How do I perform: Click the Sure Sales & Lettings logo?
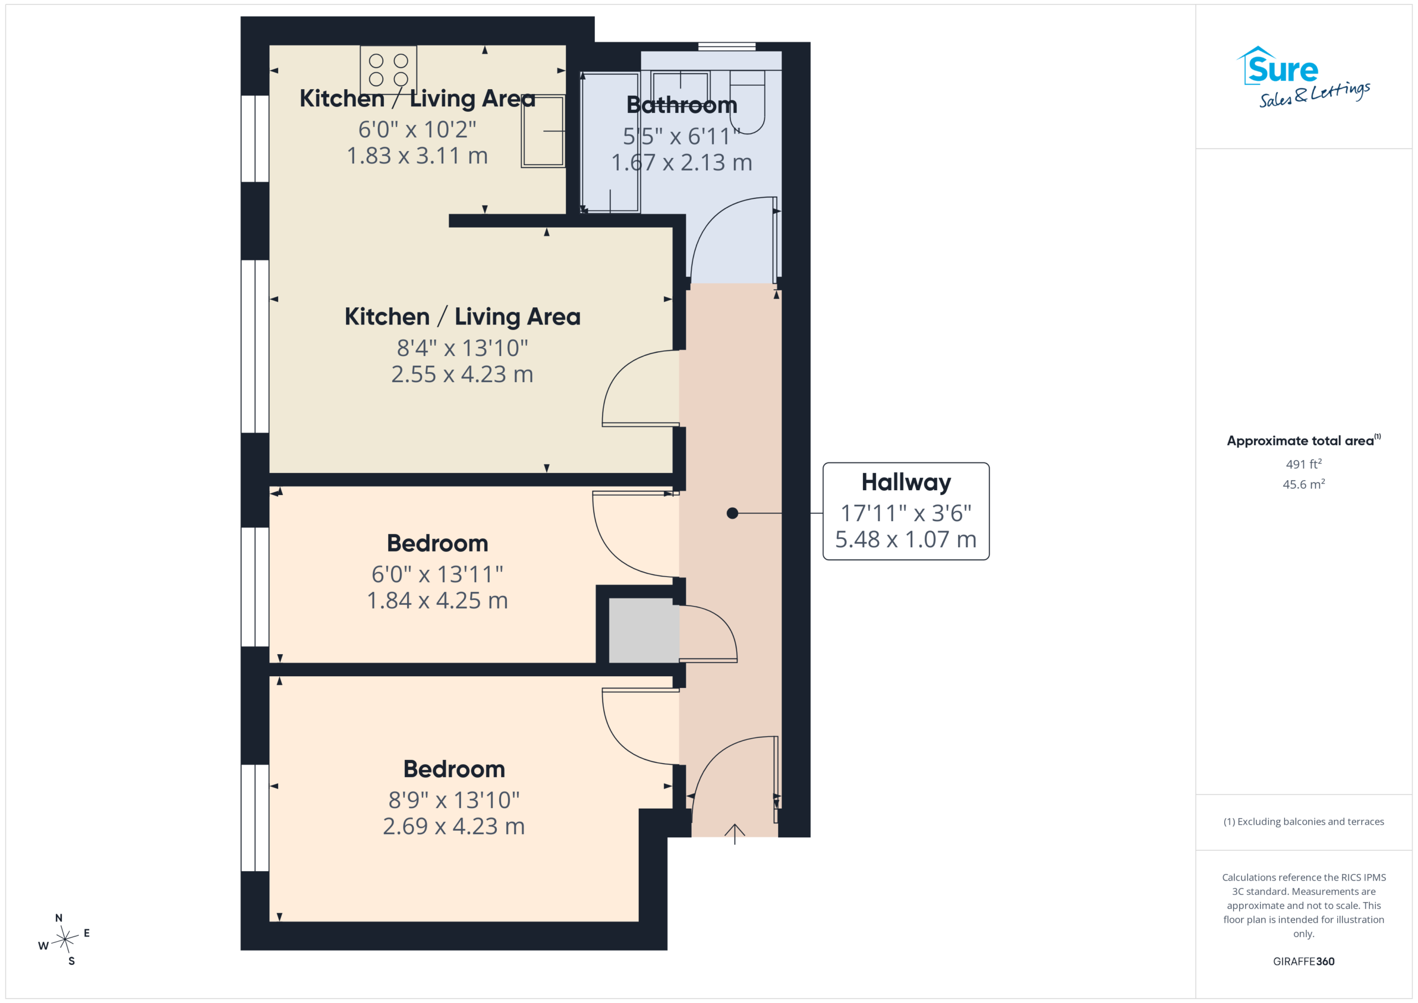click(1303, 77)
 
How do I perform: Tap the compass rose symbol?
click(65, 939)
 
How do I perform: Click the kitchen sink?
click(543, 131)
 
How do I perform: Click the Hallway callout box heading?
click(906, 482)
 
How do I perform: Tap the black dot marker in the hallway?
click(732, 513)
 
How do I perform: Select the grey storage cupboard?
click(644, 630)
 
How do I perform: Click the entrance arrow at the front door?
click(734, 834)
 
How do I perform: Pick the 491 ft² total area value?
click(1304, 464)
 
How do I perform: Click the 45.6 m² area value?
click(1304, 484)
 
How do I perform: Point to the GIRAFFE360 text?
click(1304, 961)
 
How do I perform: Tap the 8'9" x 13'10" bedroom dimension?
click(454, 800)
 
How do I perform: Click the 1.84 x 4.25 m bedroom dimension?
click(437, 600)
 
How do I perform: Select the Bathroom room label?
click(682, 105)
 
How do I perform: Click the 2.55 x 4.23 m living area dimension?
click(462, 374)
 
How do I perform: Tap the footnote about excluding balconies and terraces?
click(1304, 821)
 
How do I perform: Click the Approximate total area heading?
click(1304, 440)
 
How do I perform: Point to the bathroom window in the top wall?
click(727, 47)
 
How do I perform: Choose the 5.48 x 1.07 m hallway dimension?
click(906, 539)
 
